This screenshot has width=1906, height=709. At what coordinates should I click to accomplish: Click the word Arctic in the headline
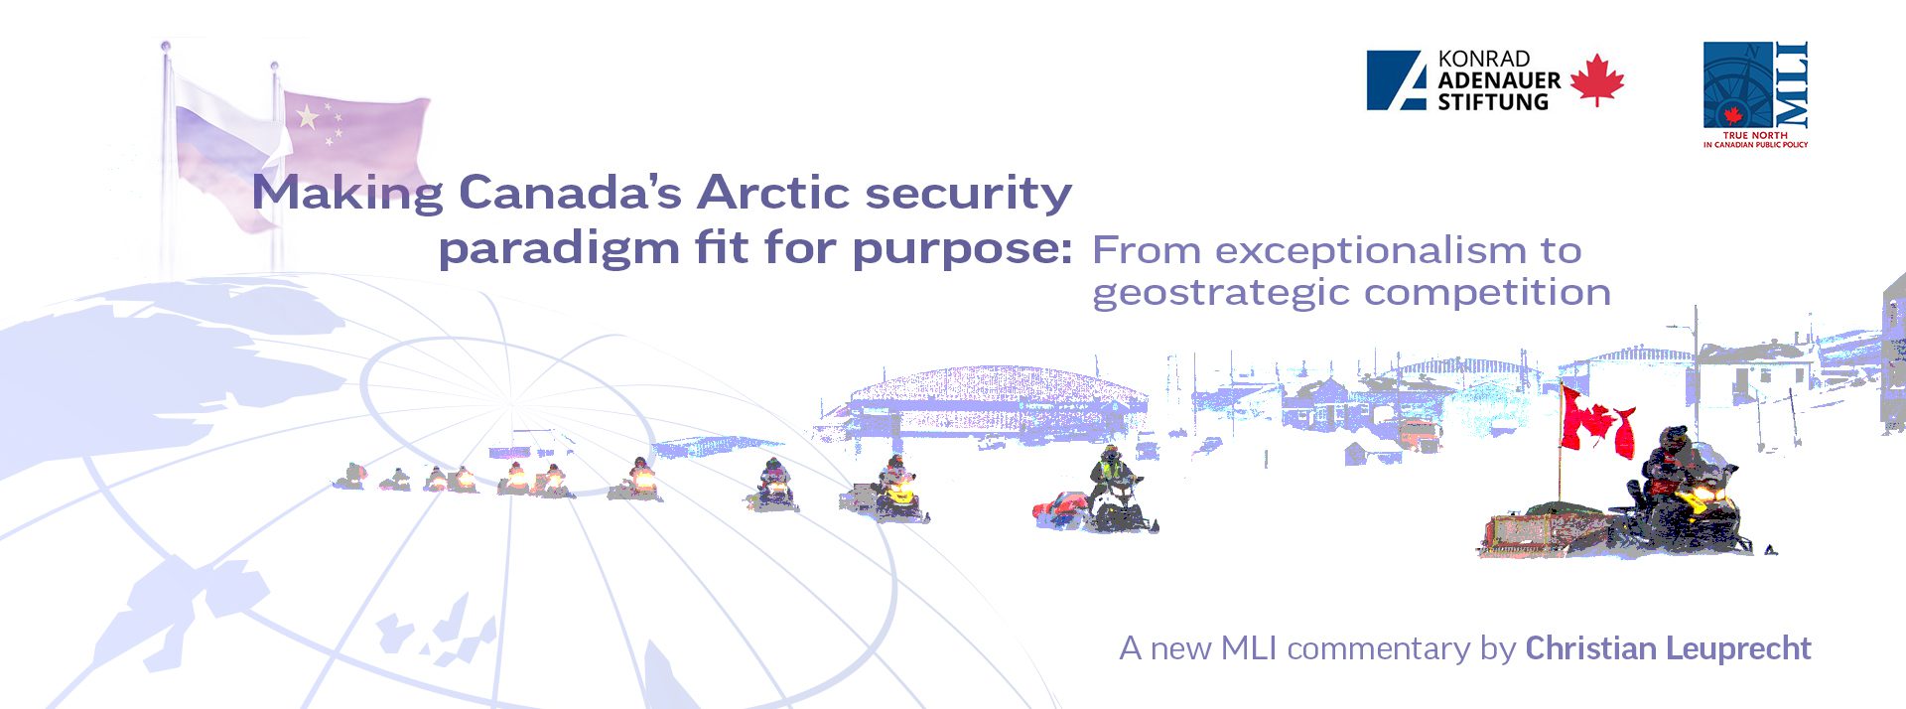772,192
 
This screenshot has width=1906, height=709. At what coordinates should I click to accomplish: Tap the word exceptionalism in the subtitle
1371,250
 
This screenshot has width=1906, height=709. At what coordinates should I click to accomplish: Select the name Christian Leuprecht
1668,648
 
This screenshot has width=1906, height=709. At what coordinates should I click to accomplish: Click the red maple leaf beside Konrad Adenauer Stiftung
1597,80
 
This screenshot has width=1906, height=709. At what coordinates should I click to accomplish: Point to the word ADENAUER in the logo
1499,80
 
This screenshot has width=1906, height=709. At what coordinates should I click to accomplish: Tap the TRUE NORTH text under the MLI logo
1755,135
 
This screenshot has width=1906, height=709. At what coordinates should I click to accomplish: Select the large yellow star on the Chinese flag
308,117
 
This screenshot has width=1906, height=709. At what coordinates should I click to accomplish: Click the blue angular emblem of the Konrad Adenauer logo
1397,80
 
